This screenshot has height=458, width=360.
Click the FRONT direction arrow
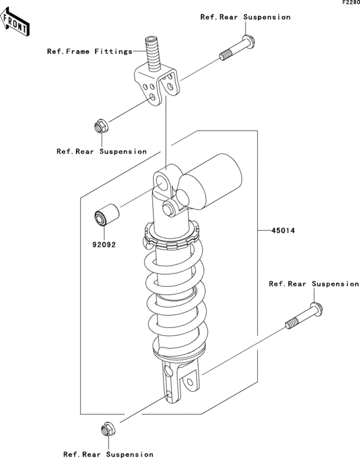tap(15, 23)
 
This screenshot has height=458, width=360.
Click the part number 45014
tap(283, 231)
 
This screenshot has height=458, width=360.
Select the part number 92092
tap(104, 244)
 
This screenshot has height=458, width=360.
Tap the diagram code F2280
tap(351, 3)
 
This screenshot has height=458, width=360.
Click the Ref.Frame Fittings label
tap(90, 51)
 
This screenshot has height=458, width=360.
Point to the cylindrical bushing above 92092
tap(107, 215)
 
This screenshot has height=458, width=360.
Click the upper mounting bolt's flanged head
tap(249, 41)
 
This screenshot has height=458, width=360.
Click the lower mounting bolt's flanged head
tap(316, 309)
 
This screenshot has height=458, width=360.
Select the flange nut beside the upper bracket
tap(102, 126)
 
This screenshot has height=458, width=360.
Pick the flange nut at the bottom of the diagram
tap(108, 429)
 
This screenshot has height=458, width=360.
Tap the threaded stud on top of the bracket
tap(153, 54)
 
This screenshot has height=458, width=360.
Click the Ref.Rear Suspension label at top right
tap(246, 17)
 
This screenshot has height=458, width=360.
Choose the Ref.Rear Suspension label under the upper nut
tap(102, 152)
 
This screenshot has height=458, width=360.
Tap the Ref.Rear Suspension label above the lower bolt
tap(314, 284)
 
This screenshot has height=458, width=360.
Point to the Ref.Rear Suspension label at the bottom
tap(108, 454)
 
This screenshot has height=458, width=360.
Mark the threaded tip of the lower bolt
tap(292, 324)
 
